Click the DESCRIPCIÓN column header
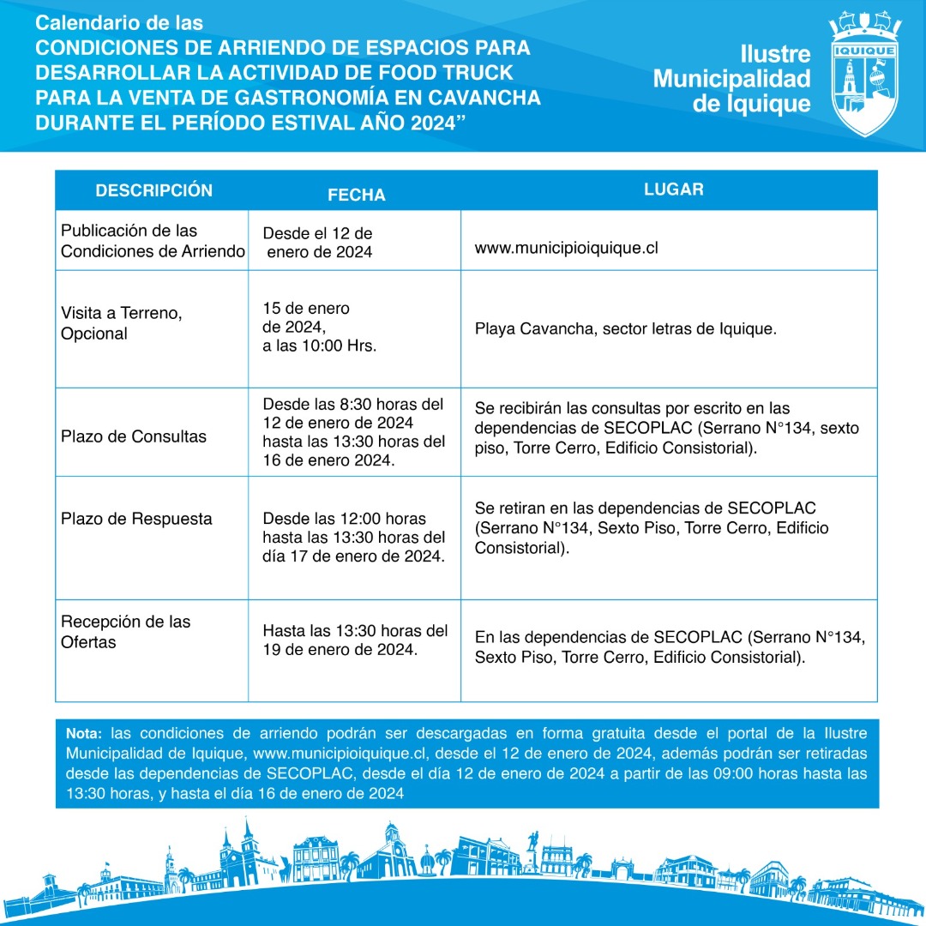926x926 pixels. (x=153, y=190)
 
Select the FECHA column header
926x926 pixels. (x=357, y=195)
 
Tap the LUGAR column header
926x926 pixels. (x=673, y=189)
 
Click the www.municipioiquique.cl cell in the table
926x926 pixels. (x=566, y=249)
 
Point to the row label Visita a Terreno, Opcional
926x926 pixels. (x=121, y=323)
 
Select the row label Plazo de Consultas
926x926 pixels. (x=134, y=436)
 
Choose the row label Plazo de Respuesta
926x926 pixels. (x=136, y=519)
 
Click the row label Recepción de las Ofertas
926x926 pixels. (x=125, y=632)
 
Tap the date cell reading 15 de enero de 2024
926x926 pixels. (x=319, y=328)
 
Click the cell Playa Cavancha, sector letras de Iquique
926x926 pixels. (x=625, y=328)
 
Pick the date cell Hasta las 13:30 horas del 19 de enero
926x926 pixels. (x=355, y=640)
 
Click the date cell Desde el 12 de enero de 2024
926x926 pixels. (x=317, y=243)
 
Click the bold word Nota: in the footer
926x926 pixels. (x=83, y=734)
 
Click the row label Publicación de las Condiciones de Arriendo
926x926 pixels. (x=153, y=241)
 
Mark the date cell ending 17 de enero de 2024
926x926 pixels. (x=354, y=538)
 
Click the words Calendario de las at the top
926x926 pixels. (x=119, y=23)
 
